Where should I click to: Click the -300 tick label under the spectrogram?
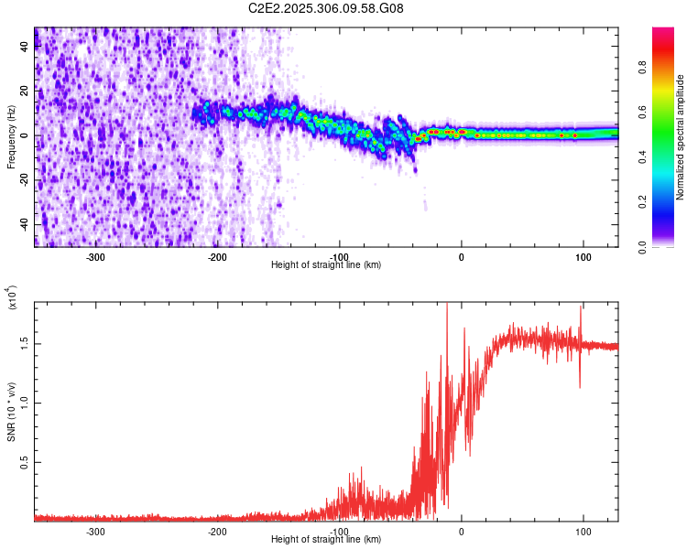click(x=96, y=257)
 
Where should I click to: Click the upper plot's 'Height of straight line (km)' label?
click(x=326, y=265)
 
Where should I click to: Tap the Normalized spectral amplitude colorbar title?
click(x=681, y=137)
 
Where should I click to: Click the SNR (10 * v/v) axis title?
click(x=11, y=412)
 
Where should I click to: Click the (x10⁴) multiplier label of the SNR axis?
click(x=11, y=298)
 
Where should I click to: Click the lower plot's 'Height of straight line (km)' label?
click(x=326, y=540)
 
